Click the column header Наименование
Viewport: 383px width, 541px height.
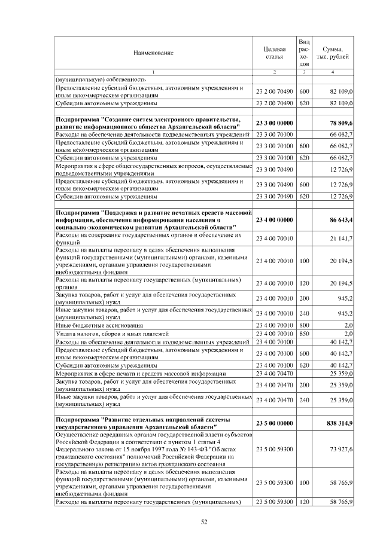154,53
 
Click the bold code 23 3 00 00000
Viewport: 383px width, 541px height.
274,123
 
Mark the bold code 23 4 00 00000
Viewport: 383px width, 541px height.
274,221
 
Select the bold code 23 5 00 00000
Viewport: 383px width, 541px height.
274,423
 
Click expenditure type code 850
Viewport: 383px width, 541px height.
303,333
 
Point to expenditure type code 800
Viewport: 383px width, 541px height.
303,325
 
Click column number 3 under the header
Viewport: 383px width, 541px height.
303,72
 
